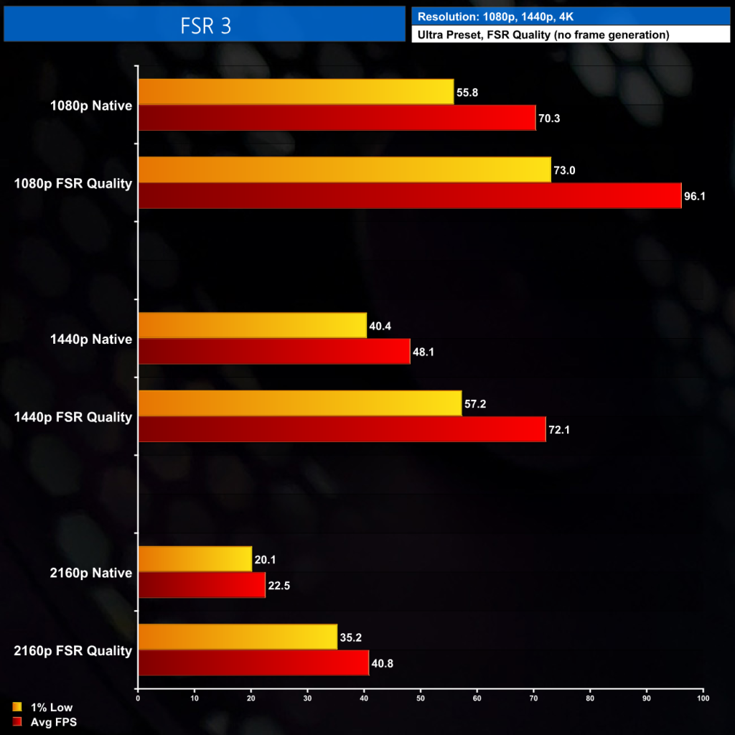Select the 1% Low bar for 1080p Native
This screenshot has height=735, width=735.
[296, 92]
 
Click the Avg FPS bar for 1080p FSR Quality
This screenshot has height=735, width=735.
[409, 196]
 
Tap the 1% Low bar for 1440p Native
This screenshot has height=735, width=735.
[252, 325]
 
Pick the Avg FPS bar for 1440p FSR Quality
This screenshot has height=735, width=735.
[342, 429]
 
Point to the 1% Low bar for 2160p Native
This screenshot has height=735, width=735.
[195, 559]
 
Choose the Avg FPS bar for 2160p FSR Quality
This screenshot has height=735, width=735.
[253, 663]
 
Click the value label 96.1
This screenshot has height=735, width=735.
[695, 196]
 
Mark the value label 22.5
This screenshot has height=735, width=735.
[278, 586]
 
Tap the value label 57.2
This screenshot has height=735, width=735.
[475, 404]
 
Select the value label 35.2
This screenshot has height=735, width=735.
[350, 637]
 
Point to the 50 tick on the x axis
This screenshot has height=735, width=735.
[421, 698]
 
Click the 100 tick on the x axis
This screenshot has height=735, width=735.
[703, 698]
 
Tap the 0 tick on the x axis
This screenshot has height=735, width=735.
[138, 698]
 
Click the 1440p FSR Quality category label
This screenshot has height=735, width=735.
[72, 417]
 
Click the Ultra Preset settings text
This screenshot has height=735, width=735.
[543, 34]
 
